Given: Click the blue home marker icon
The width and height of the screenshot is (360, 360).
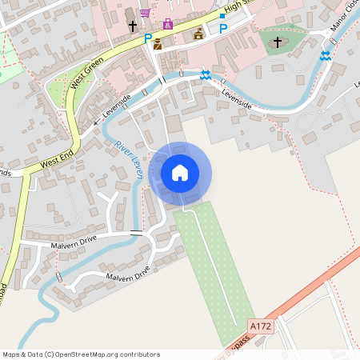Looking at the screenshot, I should pyautogui.click(x=180, y=173).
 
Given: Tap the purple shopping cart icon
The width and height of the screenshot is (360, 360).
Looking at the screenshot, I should pyautogui.click(x=145, y=13).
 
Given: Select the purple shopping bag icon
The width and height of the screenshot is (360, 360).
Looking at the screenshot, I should pyautogui.click(x=167, y=24).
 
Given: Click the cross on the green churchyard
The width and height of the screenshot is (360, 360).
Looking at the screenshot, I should pyautogui.click(x=278, y=41).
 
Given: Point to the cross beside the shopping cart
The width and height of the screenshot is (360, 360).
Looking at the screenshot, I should pyautogui.click(x=133, y=26).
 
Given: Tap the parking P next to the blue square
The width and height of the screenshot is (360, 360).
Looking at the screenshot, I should pyautogui.click(x=222, y=29).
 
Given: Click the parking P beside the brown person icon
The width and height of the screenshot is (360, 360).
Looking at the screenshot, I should pyautogui.click(x=147, y=38).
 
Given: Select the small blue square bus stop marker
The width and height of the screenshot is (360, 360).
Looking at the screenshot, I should pyautogui.click(x=222, y=16).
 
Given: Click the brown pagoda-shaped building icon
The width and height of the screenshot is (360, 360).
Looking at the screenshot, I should pyautogui.click(x=198, y=34).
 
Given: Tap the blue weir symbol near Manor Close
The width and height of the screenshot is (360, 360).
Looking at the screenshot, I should pyautogui.click(x=325, y=55).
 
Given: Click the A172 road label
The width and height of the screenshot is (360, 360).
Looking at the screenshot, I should pyautogui.click(x=261, y=326).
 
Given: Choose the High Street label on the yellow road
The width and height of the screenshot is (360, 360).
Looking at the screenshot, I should pyautogui.click(x=237, y=7).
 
